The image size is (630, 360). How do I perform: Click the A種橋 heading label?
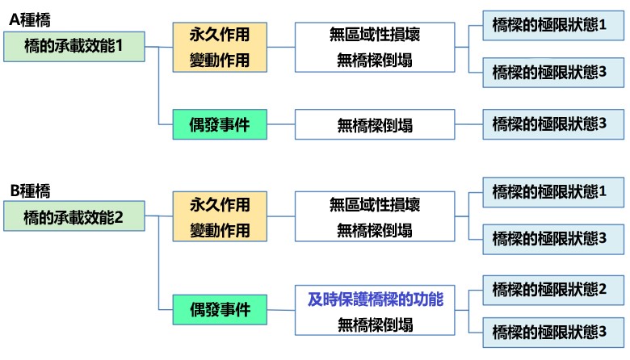coord(30,19)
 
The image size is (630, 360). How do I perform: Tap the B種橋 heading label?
coord(30,190)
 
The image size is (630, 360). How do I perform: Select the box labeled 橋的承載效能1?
coord(74,47)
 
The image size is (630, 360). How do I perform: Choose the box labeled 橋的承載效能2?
coord(74,216)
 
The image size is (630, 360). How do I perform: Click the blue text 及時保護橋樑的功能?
coord(376,299)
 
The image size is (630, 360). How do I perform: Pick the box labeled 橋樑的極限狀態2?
coord(553,290)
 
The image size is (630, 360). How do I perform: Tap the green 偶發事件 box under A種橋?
coord(220,124)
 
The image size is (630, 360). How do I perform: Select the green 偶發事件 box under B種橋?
coord(220,309)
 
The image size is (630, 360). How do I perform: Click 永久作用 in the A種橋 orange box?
coord(220,35)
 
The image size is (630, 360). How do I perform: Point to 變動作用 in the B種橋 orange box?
coord(220,230)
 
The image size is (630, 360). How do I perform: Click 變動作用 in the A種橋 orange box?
coord(220,61)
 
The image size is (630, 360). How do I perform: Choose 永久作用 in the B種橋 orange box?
coord(220,205)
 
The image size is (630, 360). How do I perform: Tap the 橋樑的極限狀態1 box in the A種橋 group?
coord(553,25)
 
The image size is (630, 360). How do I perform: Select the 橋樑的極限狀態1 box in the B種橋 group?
coord(553,192)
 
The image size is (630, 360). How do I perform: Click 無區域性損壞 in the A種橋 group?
coord(375,35)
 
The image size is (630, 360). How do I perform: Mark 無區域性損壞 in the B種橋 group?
coord(375,205)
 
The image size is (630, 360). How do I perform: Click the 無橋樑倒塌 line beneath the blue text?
coord(375,324)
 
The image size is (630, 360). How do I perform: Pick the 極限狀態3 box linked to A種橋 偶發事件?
coord(553,124)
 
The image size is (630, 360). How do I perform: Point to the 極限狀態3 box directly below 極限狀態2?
coord(553,333)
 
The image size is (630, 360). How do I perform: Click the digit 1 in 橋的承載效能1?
coord(119,46)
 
